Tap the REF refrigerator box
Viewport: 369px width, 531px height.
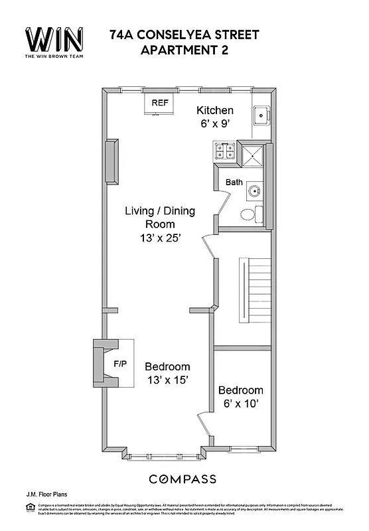pyautogui.click(x=160, y=104)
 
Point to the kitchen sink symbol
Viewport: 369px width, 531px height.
pyautogui.click(x=261, y=115)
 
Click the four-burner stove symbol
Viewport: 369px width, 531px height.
pyautogui.click(x=224, y=152)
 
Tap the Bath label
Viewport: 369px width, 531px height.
pyautogui.click(x=234, y=182)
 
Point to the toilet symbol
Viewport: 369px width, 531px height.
pyautogui.click(x=250, y=214)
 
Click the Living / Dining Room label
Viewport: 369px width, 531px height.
pyautogui.click(x=161, y=218)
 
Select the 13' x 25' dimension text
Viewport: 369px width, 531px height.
pyautogui.click(x=161, y=238)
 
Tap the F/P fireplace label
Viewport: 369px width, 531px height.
pyautogui.click(x=120, y=364)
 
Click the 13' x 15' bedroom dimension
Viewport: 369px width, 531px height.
pyautogui.click(x=167, y=380)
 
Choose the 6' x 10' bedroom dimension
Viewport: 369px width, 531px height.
pyautogui.click(x=240, y=404)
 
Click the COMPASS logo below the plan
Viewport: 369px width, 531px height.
pyautogui.click(x=182, y=479)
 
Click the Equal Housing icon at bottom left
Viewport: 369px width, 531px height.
pyautogui.click(x=29, y=508)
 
